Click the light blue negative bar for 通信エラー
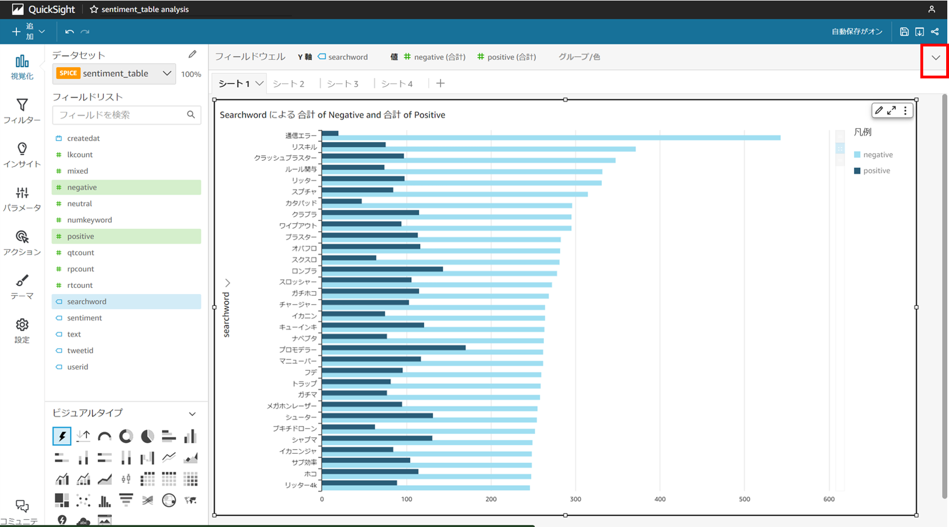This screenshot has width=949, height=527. pyautogui.click(x=551, y=138)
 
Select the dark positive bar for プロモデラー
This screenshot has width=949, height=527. pyautogui.click(x=394, y=348)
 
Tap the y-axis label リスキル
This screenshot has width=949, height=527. pyautogui.click(x=304, y=147)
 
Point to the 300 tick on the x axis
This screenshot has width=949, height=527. pyautogui.click(x=575, y=499)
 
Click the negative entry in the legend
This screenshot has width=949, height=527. pyautogui.click(x=877, y=155)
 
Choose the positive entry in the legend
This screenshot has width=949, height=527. pyautogui.click(x=876, y=170)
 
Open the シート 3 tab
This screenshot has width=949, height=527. pyautogui.click(x=342, y=84)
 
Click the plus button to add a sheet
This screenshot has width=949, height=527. pyautogui.click(x=441, y=84)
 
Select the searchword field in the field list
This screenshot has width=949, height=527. pyautogui.click(x=86, y=301)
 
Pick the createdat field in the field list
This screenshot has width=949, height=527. pyautogui.click(x=83, y=138)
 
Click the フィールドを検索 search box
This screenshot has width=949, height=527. pyautogui.click(x=121, y=115)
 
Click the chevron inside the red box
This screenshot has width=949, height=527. pyautogui.click(x=936, y=58)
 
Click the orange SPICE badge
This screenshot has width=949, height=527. pyautogui.click(x=68, y=73)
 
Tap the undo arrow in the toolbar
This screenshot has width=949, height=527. pyautogui.click(x=69, y=32)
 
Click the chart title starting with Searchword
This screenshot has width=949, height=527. pyautogui.click(x=332, y=115)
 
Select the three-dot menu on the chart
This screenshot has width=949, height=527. pyautogui.click(x=906, y=111)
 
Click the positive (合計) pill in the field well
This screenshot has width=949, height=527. pyautogui.click(x=507, y=57)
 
